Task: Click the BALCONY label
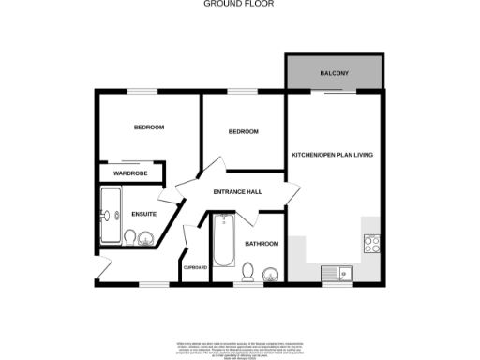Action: (334, 72)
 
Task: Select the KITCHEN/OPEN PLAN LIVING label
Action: (333, 154)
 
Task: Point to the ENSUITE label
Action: (143, 214)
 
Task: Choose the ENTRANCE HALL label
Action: (237, 192)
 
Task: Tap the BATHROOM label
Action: (262, 244)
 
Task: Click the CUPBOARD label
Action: (195, 267)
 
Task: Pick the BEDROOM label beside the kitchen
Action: (243, 132)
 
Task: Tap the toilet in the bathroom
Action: (247, 272)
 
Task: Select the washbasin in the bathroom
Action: (270, 275)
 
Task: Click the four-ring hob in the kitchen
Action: (371, 244)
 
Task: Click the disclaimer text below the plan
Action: (240, 347)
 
